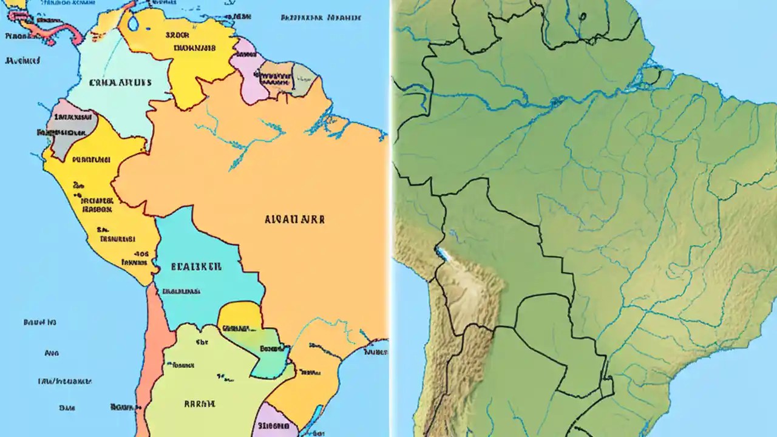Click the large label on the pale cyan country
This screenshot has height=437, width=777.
click(x=119, y=83)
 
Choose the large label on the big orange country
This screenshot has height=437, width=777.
click(x=294, y=219)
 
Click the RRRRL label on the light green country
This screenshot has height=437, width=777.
click(x=198, y=403)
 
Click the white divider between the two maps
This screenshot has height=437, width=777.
click(x=390, y=218)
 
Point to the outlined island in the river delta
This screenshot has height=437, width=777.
click(x=653, y=76)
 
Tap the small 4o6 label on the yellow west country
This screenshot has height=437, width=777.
click(x=141, y=255)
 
